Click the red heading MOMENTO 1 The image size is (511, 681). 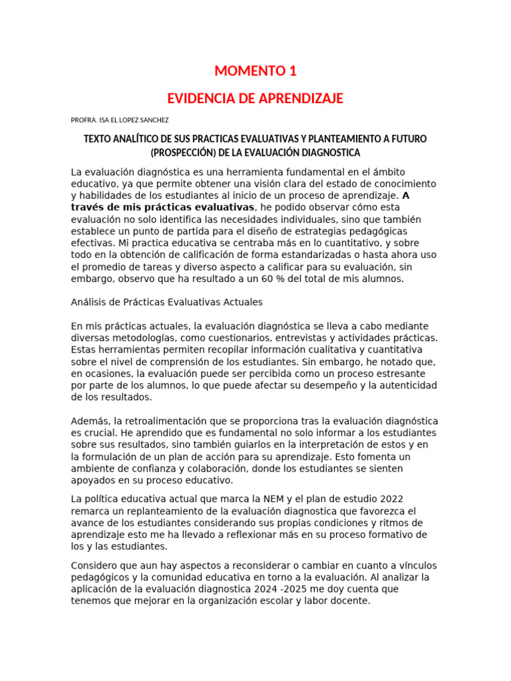click(x=255, y=71)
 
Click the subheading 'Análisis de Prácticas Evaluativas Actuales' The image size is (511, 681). click(x=166, y=302)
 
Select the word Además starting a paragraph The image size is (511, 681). click(x=90, y=422)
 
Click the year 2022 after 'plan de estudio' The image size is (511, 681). click(x=389, y=499)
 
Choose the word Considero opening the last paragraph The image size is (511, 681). click(x=94, y=565)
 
